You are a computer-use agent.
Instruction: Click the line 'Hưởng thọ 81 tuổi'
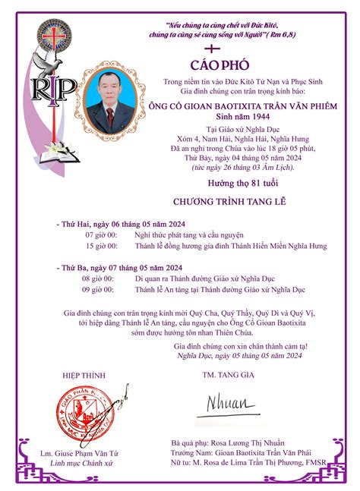click(x=226, y=184)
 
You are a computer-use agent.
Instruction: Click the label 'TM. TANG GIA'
click(x=226, y=375)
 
